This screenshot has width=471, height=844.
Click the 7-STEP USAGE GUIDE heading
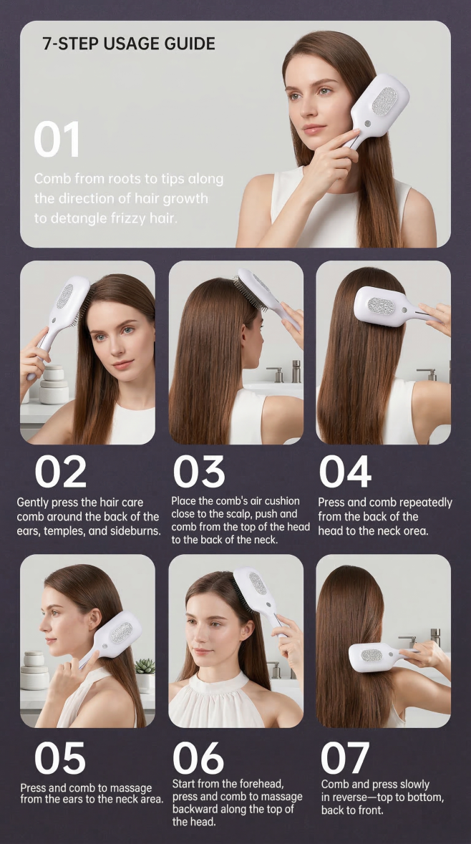[x=129, y=44]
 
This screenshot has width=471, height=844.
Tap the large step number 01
[x=57, y=140]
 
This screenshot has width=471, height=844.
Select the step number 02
[x=60, y=472]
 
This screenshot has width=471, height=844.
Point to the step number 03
[x=198, y=472]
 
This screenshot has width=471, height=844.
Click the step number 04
[x=345, y=472]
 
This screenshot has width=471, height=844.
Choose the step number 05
[x=59, y=758]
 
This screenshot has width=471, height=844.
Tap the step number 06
[x=198, y=758]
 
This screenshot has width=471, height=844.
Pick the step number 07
[x=345, y=758]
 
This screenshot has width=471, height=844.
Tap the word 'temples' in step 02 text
[x=63, y=530]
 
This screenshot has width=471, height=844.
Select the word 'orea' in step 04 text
[x=416, y=530]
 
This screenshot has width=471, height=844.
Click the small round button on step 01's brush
[x=368, y=122]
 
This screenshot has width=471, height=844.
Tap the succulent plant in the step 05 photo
[x=145, y=666]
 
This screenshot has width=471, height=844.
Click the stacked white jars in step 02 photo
[x=54, y=384]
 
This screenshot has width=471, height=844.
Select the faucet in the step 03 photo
[x=296, y=372]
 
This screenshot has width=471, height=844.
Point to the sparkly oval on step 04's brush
[x=381, y=306]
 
